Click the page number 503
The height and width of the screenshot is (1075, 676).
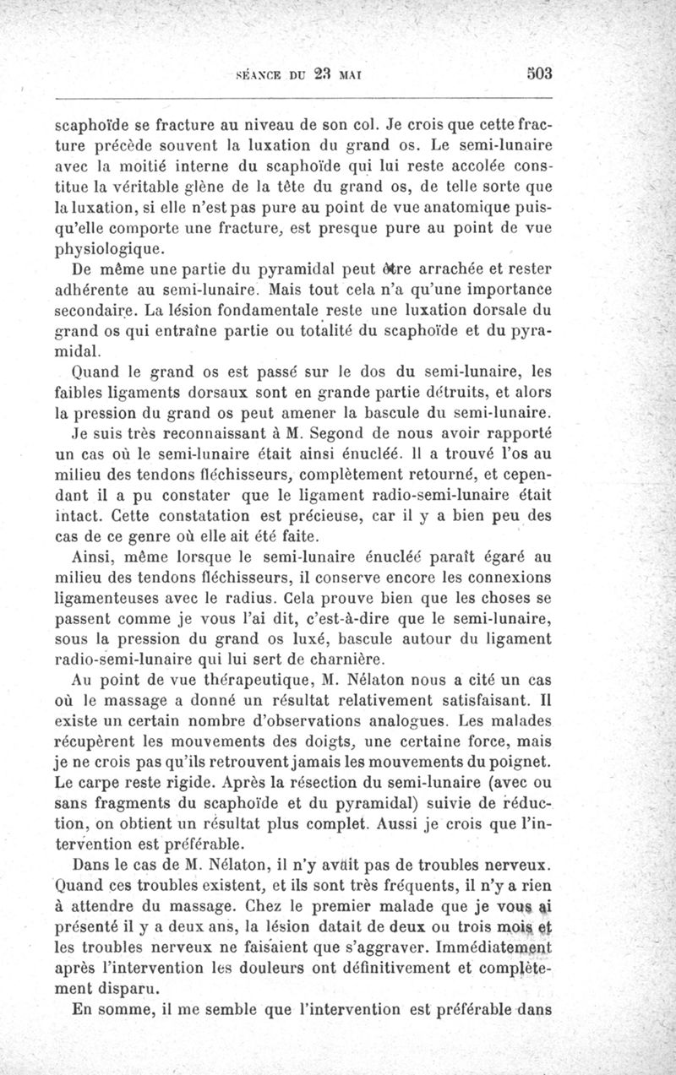point(538,73)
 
